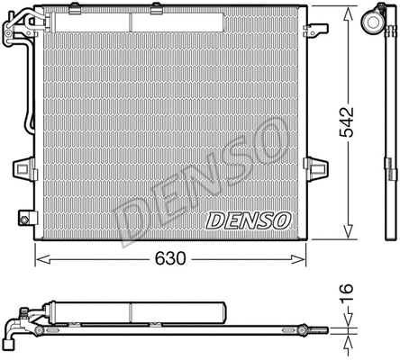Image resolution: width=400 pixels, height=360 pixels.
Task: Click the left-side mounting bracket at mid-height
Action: pyautogui.click(x=23, y=168)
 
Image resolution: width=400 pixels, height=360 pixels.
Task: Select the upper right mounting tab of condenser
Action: pyautogui.click(x=318, y=29)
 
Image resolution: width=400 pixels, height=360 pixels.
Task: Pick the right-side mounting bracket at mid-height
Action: pyautogui.click(x=316, y=166)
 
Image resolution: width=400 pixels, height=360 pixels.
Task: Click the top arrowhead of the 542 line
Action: pyautogui.click(x=348, y=11)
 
